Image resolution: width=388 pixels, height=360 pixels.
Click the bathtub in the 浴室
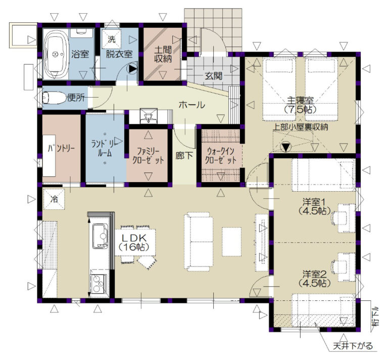[x=56, y=54]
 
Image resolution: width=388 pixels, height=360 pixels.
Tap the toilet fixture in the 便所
[x=54, y=98]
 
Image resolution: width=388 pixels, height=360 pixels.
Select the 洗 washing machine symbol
[x=112, y=38]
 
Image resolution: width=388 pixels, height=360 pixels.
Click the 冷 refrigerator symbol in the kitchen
[x=54, y=199]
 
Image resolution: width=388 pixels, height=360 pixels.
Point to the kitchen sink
[x=100, y=236]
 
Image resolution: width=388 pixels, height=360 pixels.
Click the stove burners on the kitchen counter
[x=99, y=284]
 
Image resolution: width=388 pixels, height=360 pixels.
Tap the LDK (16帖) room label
[x=134, y=242]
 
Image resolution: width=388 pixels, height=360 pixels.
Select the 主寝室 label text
[x=300, y=100]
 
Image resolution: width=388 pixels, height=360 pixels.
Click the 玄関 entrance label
[x=213, y=76]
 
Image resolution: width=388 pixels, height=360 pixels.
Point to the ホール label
[x=192, y=105]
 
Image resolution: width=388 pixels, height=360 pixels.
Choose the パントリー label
[x=61, y=148]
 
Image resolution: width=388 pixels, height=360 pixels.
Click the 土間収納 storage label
[x=163, y=54]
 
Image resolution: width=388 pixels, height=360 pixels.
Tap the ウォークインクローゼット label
[x=221, y=156]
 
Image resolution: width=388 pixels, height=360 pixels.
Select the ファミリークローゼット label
[x=148, y=156]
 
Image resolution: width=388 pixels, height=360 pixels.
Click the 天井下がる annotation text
[x=353, y=346]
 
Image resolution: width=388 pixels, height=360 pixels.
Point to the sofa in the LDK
[x=199, y=241]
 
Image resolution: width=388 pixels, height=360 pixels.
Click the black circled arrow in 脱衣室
[x=132, y=69]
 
